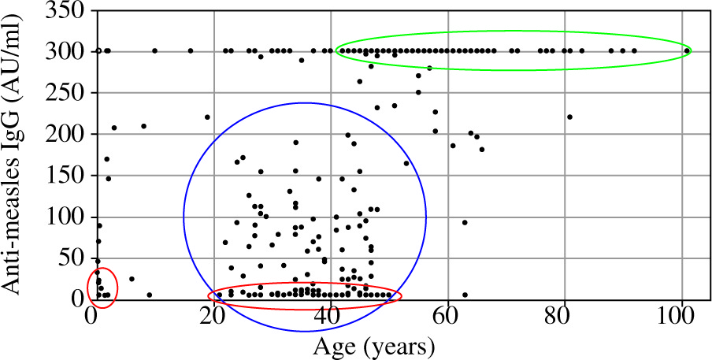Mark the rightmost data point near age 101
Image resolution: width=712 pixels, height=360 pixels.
tap(687, 51)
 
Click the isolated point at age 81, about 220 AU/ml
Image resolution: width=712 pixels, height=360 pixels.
tap(569, 117)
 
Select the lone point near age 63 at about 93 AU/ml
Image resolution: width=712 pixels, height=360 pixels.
tap(465, 222)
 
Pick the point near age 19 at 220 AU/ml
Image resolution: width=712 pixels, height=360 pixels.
tap(207, 117)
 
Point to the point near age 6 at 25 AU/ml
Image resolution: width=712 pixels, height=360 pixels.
tap(132, 279)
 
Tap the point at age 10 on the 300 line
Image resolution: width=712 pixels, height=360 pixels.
tap(154, 51)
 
